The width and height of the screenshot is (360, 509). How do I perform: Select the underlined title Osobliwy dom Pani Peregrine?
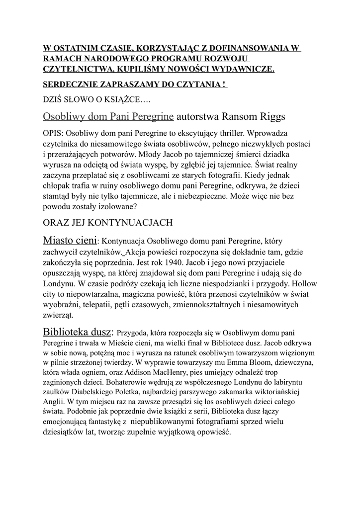coord(108,117)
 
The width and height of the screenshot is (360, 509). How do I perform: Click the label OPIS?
coord(53,134)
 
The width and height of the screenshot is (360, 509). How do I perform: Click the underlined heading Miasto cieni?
coord(70,241)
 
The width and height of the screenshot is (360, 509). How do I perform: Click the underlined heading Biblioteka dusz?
coord(79,332)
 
